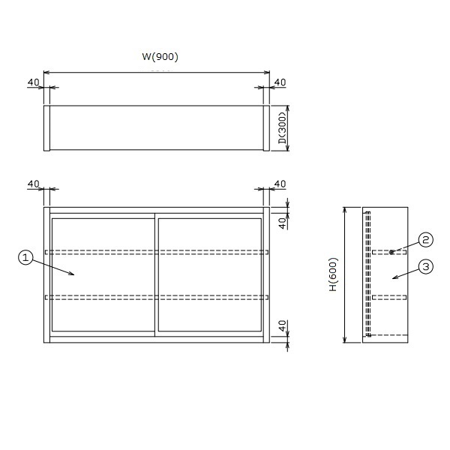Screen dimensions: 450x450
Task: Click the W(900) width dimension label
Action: [160, 56]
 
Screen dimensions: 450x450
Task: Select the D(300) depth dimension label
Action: [283, 128]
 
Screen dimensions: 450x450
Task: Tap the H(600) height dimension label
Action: [334, 274]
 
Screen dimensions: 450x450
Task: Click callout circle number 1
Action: [25, 257]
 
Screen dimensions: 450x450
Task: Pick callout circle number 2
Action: [425, 239]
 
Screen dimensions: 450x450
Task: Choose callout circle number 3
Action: [426, 266]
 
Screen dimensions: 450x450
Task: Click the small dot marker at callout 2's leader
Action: [391, 252]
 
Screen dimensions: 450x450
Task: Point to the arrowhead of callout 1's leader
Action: [72, 274]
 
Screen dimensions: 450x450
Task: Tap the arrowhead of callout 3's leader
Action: [395, 277]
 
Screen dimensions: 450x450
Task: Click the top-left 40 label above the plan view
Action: [33, 82]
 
